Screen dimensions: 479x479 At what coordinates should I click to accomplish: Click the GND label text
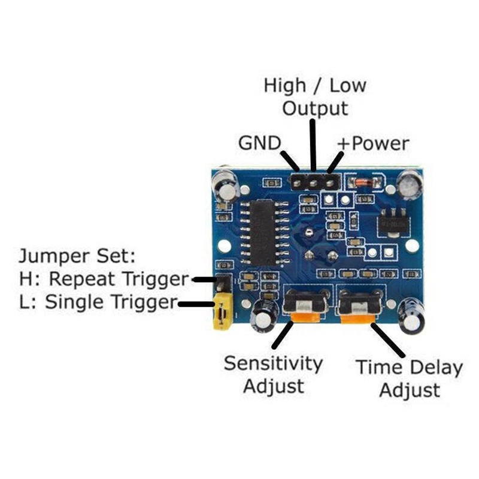click(x=259, y=143)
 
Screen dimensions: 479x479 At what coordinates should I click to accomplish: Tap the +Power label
click(x=373, y=143)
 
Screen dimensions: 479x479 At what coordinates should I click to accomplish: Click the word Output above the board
click(x=315, y=108)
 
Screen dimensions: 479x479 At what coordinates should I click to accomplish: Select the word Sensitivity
click(x=273, y=364)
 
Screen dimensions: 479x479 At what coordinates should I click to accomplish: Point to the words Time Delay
click(x=410, y=368)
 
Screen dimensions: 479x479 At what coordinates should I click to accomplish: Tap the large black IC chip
click(x=262, y=233)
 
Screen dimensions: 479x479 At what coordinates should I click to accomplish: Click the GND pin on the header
click(x=297, y=183)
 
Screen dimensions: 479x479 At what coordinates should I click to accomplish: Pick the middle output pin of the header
click(x=313, y=183)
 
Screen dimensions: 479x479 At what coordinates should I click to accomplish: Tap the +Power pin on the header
click(x=329, y=183)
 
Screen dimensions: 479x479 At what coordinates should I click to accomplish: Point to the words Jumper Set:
click(x=77, y=256)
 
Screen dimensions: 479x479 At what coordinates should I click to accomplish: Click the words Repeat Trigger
click(x=119, y=279)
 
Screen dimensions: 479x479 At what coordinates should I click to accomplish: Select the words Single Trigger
click(x=111, y=302)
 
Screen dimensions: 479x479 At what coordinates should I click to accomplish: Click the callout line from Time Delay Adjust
click(x=388, y=340)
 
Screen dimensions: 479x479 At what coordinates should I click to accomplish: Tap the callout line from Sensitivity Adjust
click(x=283, y=335)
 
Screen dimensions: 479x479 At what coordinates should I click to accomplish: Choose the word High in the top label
click(x=284, y=85)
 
